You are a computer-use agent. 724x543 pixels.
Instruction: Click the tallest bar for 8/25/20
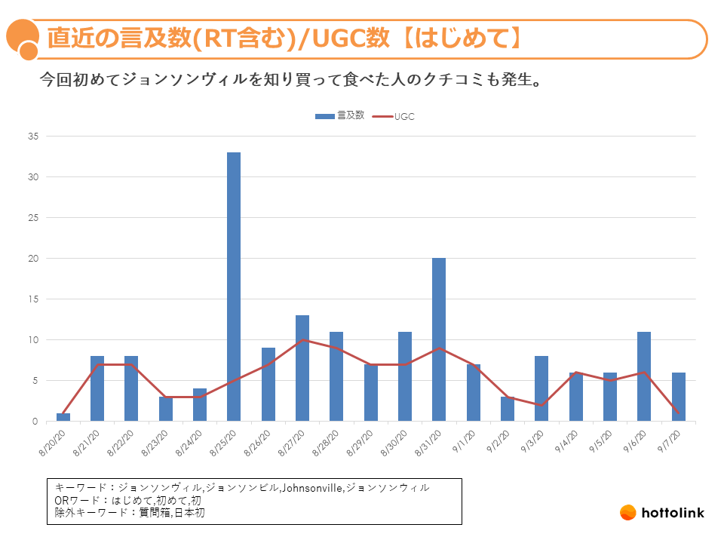pos(234,287)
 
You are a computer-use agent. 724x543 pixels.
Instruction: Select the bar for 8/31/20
pos(439,339)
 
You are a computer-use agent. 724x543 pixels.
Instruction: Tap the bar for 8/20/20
pos(63,417)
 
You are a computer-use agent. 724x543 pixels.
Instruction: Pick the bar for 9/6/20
pos(644,376)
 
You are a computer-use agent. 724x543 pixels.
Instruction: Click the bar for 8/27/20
pos(302,368)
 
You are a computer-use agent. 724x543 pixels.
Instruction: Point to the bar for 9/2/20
pos(508,409)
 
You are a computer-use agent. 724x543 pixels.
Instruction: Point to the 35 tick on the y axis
pos(32,137)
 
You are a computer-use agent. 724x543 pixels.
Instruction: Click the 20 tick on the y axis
pos(32,259)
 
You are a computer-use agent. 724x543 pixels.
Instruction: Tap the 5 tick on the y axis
pos(34,381)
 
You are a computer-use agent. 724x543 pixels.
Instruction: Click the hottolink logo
pos(661,513)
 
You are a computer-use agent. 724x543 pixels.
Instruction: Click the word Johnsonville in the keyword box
pos(311,488)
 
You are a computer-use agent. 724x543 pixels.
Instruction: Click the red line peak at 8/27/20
pos(302,339)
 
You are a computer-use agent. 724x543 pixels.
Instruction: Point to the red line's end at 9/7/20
pos(678,413)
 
